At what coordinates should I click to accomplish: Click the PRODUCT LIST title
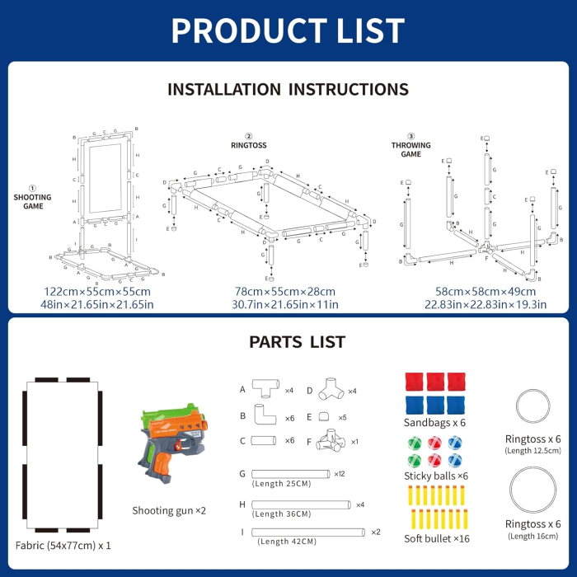(x=288, y=30)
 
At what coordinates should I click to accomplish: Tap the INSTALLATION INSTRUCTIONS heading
(x=288, y=89)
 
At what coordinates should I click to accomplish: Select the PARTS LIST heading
(x=288, y=342)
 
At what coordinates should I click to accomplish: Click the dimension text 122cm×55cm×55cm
(x=98, y=291)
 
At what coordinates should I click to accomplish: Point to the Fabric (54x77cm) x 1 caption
(x=63, y=546)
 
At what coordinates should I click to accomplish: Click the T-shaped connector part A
(x=266, y=391)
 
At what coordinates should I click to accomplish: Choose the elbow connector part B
(x=265, y=417)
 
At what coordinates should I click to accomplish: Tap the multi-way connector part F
(x=329, y=441)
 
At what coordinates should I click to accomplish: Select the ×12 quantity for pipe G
(x=339, y=473)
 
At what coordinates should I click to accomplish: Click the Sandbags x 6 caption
(x=434, y=423)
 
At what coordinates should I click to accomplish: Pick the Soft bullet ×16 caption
(x=436, y=538)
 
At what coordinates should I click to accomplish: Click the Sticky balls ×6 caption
(x=436, y=476)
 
